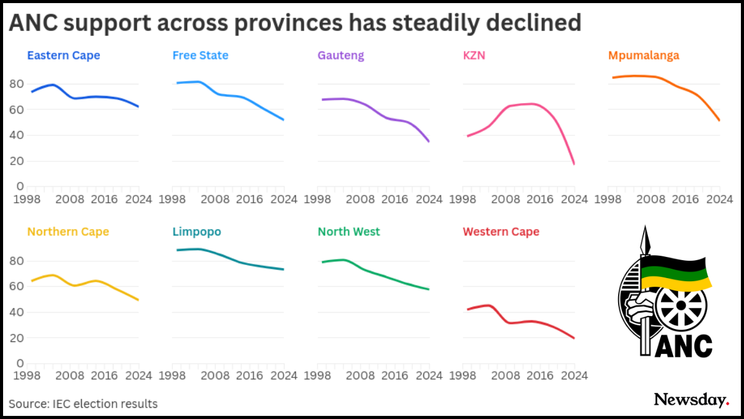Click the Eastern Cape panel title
63,55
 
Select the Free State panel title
200,55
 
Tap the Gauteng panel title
340,55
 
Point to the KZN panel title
474,55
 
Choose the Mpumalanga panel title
644,55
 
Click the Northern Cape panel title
68,232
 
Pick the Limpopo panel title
197,232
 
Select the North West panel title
349,232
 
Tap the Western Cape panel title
501,232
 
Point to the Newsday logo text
691,400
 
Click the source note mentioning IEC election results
84,404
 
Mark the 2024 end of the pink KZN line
574,164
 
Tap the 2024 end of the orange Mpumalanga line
719,120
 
